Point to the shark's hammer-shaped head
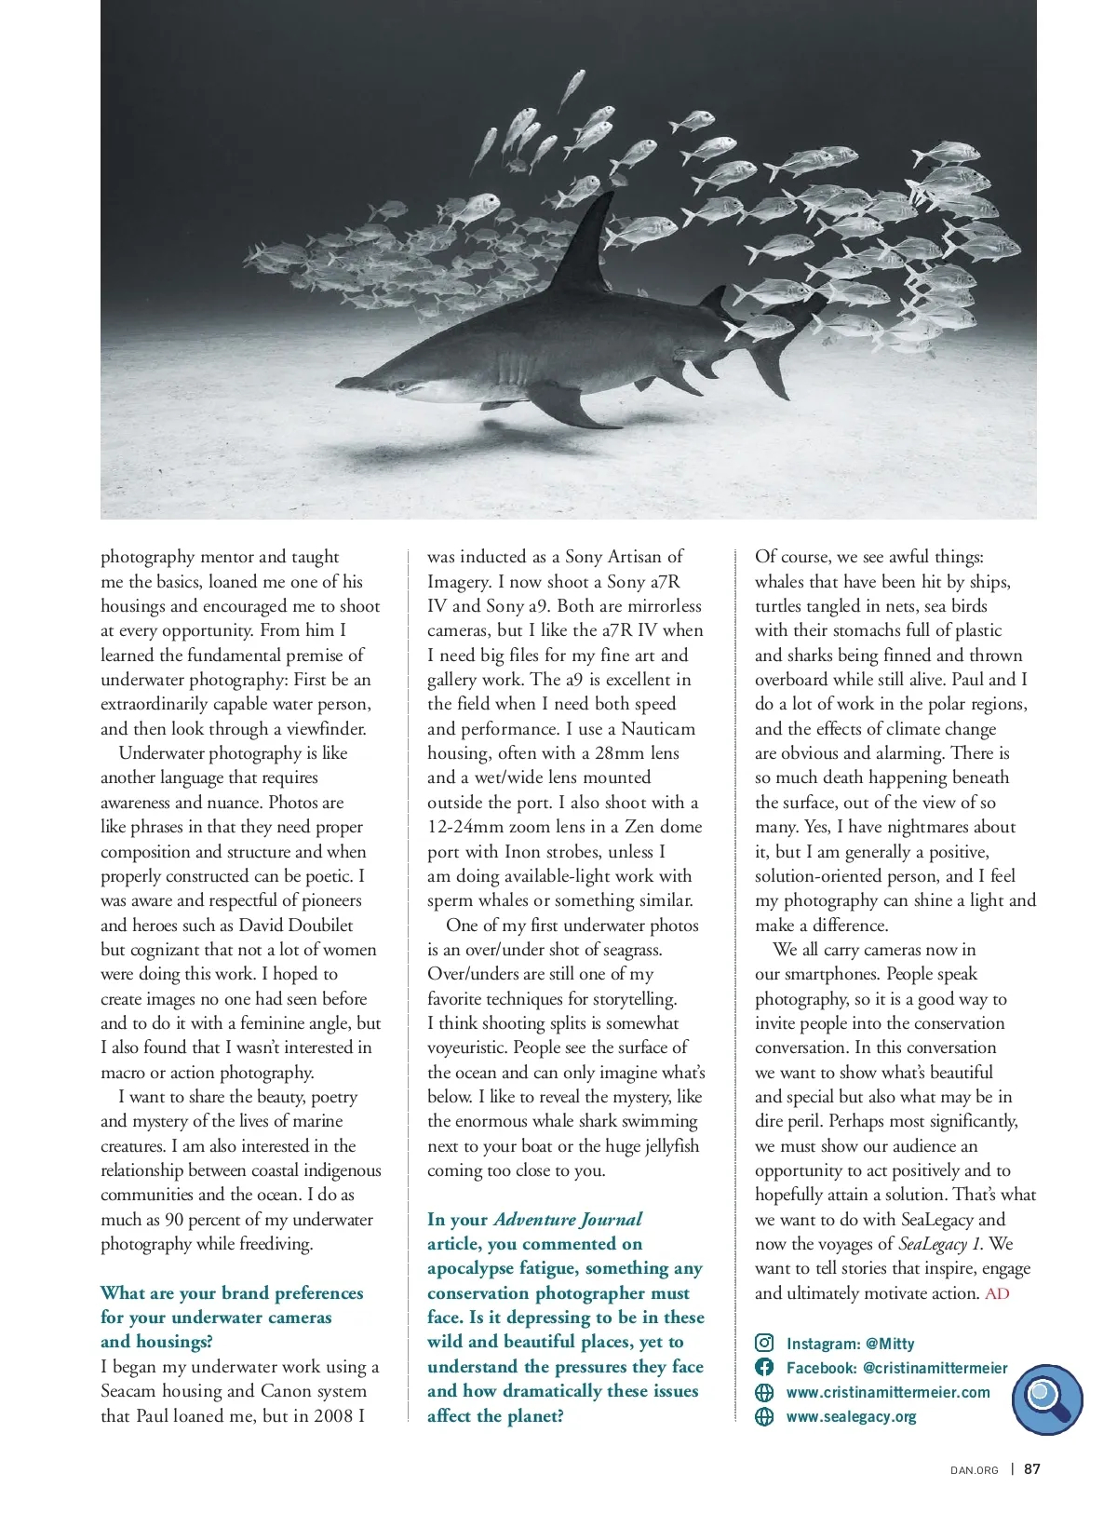pyautogui.click(x=368, y=381)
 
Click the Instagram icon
pyautogui.click(x=764, y=1343)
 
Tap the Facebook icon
pyautogui.click(x=764, y=1367)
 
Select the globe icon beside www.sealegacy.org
pyautogui.click(x=764, y=1416)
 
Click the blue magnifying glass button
pyautogui.click(x=1047, y=1399)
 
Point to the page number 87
pyautogui.click(x=1032, y=1469)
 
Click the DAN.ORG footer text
pyautogui.click(x=974, y=1470)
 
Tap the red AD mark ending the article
pyautogui.click(x=997, y=1293)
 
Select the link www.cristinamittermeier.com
pyautogui.click(x=888, y=1392)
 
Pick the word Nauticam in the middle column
pyautogui.click(x=658, y=729)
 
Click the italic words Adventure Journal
pyautogui.click(x=568, y=1220)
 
